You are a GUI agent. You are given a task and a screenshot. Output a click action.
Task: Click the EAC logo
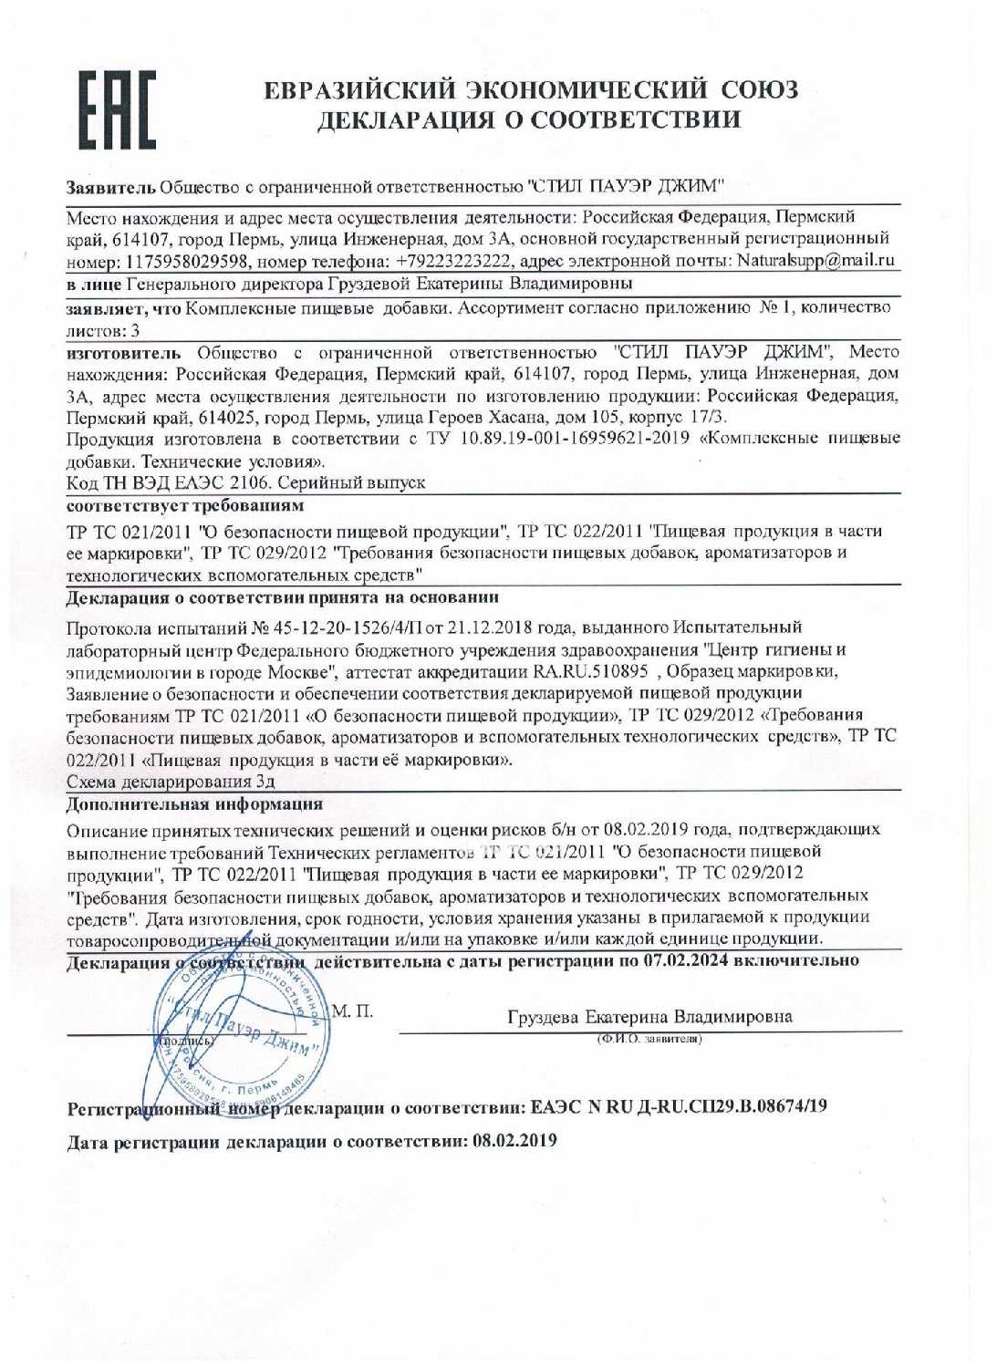pos(117,109)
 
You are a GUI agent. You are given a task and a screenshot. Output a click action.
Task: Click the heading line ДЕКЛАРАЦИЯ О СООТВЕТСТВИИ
pos(528,120)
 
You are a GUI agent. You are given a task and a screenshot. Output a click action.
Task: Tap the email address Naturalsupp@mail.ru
pos(815,261)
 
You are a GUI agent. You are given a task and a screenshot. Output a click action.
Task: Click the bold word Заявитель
pos(110,188)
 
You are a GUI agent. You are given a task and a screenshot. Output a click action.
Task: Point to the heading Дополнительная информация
pos(194,804)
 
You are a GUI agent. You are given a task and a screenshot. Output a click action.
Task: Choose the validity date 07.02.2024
pos(686,960)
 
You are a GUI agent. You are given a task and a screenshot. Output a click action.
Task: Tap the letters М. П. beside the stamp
pos(352,1011)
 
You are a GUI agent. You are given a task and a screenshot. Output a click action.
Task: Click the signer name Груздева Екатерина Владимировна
pos(649,1017)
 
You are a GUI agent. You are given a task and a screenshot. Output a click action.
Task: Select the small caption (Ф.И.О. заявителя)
pos(649,1039)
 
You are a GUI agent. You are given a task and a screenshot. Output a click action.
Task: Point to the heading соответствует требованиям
pos(185,505)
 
